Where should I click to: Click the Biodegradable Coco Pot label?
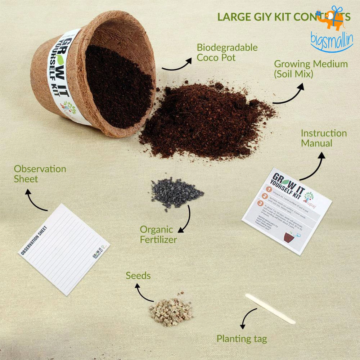227,52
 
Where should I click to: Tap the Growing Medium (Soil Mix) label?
311,69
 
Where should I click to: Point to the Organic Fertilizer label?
158,234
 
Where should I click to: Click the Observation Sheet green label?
40,174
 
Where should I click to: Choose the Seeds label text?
138,276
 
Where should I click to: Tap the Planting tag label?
242,339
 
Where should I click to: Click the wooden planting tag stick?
270,309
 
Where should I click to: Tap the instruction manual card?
286,212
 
